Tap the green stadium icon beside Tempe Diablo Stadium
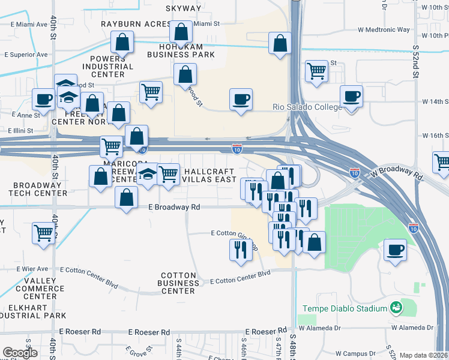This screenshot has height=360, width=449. [396, 308]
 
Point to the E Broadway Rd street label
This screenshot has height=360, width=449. [173, 206]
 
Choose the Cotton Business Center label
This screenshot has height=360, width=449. [179, 283]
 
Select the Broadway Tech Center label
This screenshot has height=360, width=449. [34, 189]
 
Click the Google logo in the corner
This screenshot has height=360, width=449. [20, 353]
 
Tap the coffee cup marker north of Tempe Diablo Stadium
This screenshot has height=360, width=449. [395, 250]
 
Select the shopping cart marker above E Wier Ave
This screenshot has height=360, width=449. [43, 232]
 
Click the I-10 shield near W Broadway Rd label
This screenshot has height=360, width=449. [355, 173]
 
